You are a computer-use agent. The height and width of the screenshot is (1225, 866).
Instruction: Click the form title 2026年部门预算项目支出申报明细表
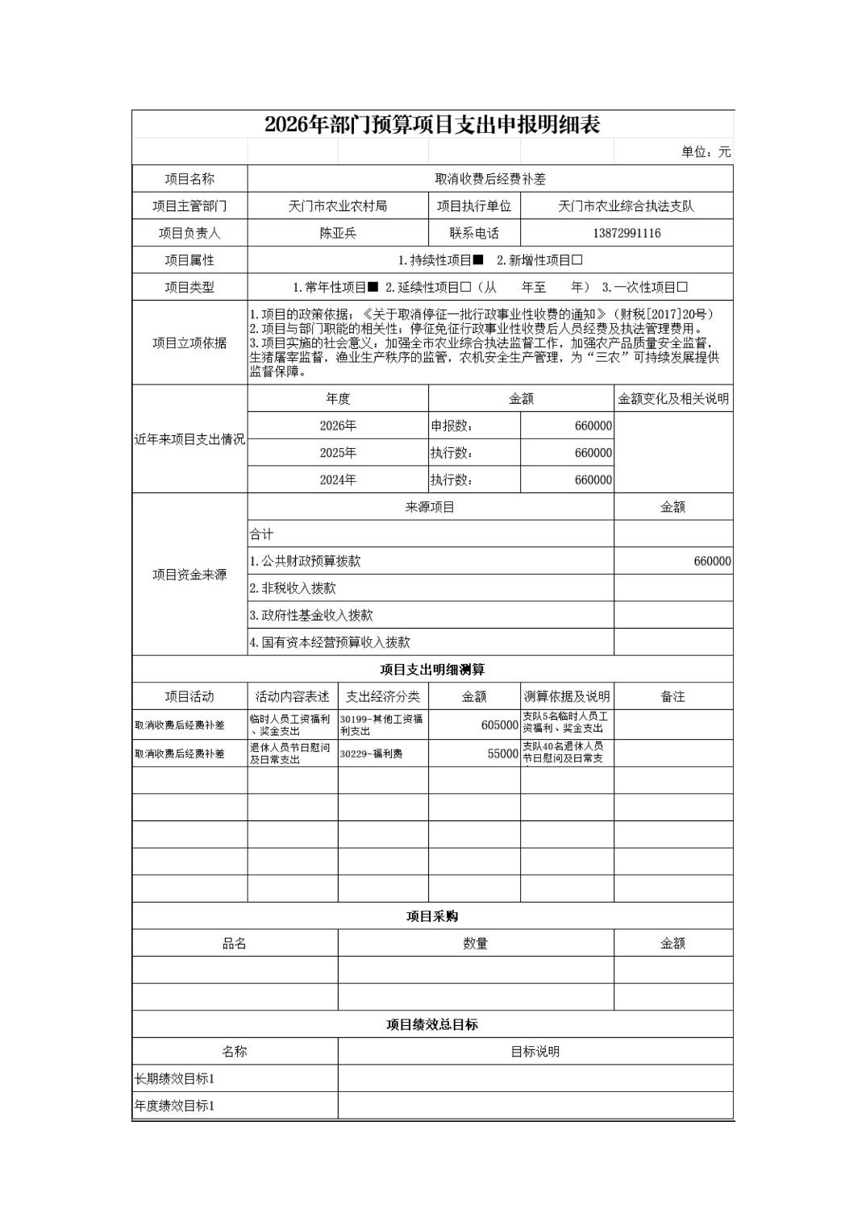click(432, 125)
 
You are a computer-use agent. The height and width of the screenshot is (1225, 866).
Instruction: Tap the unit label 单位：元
click(706, 152)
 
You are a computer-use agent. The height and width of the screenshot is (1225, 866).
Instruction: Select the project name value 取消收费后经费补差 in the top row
click(490, 179)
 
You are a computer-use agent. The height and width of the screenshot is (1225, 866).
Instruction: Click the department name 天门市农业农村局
click(338, 206)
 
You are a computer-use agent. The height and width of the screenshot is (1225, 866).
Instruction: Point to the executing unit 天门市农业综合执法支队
click(626, 206)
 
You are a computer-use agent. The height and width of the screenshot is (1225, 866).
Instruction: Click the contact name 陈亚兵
click(338, 234)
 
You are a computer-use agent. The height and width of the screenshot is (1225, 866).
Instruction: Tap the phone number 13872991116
click(626, 234)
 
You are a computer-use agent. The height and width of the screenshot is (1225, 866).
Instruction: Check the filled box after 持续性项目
click(478, 260)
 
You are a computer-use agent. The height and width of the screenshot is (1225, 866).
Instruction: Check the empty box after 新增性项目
click(577, 260)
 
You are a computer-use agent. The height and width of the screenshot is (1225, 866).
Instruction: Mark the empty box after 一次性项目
click(682, 288)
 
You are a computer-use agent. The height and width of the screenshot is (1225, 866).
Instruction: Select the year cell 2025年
click(338, 453)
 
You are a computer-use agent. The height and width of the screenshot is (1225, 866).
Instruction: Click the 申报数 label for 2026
click(452, 426)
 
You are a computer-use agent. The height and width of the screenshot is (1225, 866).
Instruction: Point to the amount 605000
click(499, 725)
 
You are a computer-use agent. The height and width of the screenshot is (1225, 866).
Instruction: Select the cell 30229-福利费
click(371, 754)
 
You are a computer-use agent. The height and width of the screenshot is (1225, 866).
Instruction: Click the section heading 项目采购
click(432, 916)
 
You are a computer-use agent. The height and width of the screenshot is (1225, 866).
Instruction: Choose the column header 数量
click(476, 944)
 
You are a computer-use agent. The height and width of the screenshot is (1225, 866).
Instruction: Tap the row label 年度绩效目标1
click(174, 1106)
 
